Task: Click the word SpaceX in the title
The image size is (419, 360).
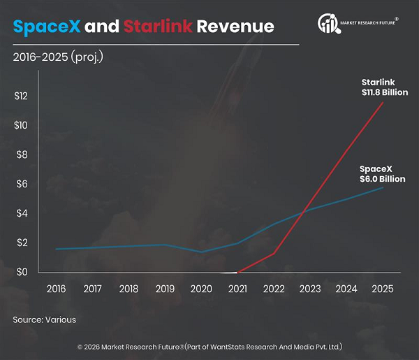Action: (x=45, y=27)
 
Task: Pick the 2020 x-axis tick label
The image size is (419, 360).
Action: (x=202, y=289)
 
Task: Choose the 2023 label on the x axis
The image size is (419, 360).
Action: (x=309, y=289)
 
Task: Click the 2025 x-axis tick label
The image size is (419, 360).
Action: (x=382, y=289)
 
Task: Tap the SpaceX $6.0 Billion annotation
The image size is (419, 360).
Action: (x=381, y=174)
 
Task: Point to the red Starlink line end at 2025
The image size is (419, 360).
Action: (x=382, y=102)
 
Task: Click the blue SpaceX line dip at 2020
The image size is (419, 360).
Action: (x=202, y=252)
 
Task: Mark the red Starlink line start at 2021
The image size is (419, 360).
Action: (x=238, y=272)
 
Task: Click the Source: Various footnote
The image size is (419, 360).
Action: (x=44, y=319)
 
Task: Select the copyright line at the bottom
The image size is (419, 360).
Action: (x=209, y=347)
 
